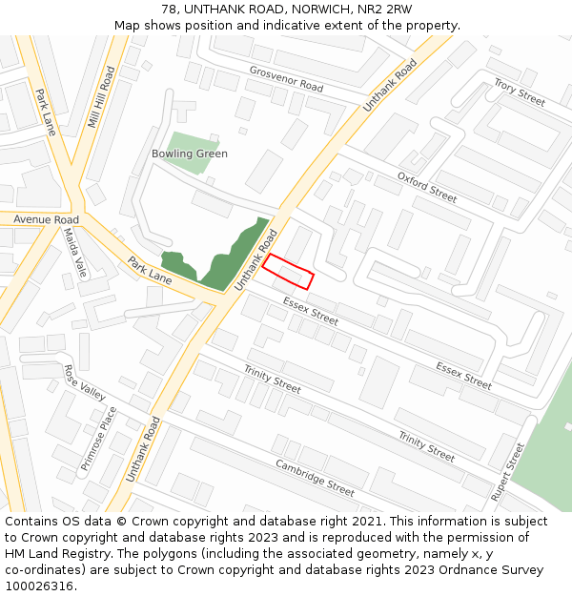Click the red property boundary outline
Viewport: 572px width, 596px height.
[x=288, y=271]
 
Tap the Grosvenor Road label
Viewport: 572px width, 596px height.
[x=286, y=78]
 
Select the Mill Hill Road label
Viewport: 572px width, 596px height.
[x=100, y=96]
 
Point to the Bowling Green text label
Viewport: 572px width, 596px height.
[x=190, y=154]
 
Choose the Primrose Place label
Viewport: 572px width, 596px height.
[x=99, y=438]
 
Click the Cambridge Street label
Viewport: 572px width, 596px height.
[x=315, y=478]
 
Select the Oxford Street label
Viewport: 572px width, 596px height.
[x=427, y=187]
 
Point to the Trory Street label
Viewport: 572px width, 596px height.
[x=520, y=93]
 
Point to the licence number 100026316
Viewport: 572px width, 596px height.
[x=39, y=586]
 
